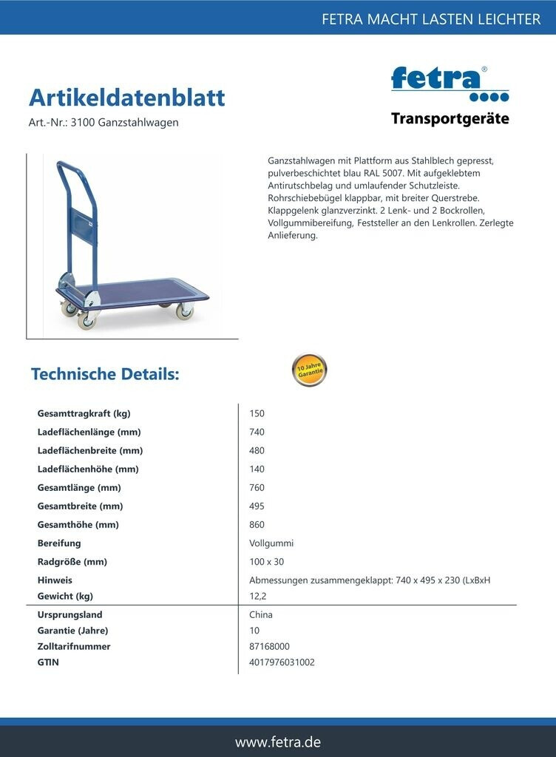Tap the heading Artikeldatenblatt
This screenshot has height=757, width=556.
tap(126, 98)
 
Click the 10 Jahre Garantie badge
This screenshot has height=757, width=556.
tap(309, 370)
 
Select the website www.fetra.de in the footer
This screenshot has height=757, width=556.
tap(278, 741)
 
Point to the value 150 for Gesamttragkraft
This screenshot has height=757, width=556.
tap(257, 413)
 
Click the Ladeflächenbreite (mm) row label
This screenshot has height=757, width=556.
tap(89, 450)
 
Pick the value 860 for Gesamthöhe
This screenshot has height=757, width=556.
tap(257, 524)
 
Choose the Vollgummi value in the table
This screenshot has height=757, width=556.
tap(271, 543)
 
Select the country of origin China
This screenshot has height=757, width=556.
tap(261, 614)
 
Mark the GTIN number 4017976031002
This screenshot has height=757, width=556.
tap(282, 662)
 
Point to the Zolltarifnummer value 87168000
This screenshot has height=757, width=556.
tap(269, 646)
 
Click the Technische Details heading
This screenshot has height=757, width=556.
tap(105, 374)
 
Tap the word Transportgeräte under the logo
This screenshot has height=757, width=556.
tap(450, 118)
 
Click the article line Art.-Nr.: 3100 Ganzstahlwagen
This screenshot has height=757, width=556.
tap(104, 123)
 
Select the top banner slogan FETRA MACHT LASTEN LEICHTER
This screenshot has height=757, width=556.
tap(431, 19)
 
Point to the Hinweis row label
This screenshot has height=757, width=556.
tap(55, 580)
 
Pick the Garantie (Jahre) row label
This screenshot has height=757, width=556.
tap(72, 631)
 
